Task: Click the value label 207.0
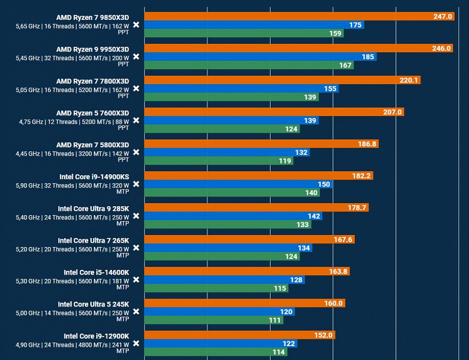tap(391, 112)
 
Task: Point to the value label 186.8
tap(367, 144)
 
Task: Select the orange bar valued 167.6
tap(249, 240)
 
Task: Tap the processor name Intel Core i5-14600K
tap(96, 272)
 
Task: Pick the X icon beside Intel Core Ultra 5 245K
tap(136, 311)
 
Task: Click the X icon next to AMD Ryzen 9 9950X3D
tap(136, 56)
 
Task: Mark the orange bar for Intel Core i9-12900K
tap(239, 335)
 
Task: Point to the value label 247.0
tap(443, 17)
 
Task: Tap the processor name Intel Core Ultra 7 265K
tap(93, 240)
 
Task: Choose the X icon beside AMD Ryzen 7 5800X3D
tap(136, 152)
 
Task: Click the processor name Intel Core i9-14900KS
tap(94, 177)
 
